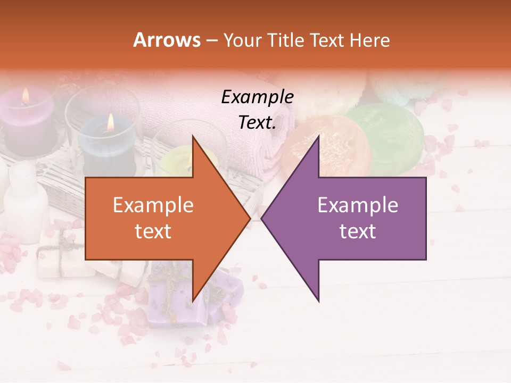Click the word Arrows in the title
coord(167,40)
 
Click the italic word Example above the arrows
coord(257,97)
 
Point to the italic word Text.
coord(257,123)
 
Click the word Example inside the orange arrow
coord(153,205)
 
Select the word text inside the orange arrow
coord(153,231)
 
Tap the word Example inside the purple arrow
coord(358,205)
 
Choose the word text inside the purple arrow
coord(358,231)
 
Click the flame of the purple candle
coord(25,96)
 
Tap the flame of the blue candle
coord(110,122)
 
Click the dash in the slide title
coord(211,41)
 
